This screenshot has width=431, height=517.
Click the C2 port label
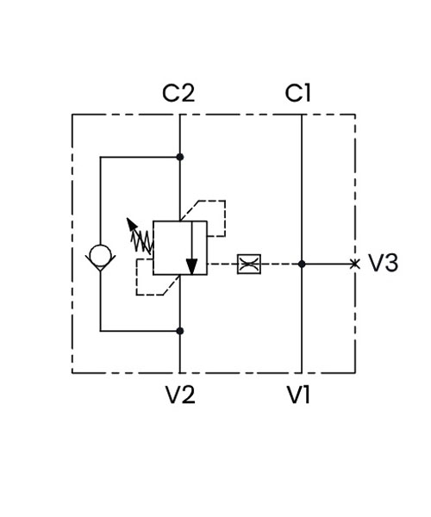click(178, 93)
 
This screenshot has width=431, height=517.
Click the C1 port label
click(297, 93)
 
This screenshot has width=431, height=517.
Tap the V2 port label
click(180, 395)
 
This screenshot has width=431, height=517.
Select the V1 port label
click(298, 395)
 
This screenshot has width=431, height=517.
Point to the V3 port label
click(383, 263)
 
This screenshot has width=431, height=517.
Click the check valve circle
click(100, 255)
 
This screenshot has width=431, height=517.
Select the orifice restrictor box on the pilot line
click(249, 264)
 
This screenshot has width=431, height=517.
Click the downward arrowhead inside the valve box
click(191, 266)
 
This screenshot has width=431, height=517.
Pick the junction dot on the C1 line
click(302, 264)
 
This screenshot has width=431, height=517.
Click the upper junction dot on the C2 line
click(179, 157)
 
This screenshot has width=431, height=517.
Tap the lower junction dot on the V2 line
click(179, 331)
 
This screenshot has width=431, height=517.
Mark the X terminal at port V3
click(355, 264)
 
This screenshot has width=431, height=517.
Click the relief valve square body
click(180, 248)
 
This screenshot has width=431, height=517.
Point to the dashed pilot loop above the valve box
click(225, 218)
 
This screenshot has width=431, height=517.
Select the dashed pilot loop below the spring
click(136, 277)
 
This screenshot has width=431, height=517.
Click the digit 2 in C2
click(187, 93)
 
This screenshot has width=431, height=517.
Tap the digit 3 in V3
click(391, 263)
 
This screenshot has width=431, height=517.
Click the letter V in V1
click(295, 395)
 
